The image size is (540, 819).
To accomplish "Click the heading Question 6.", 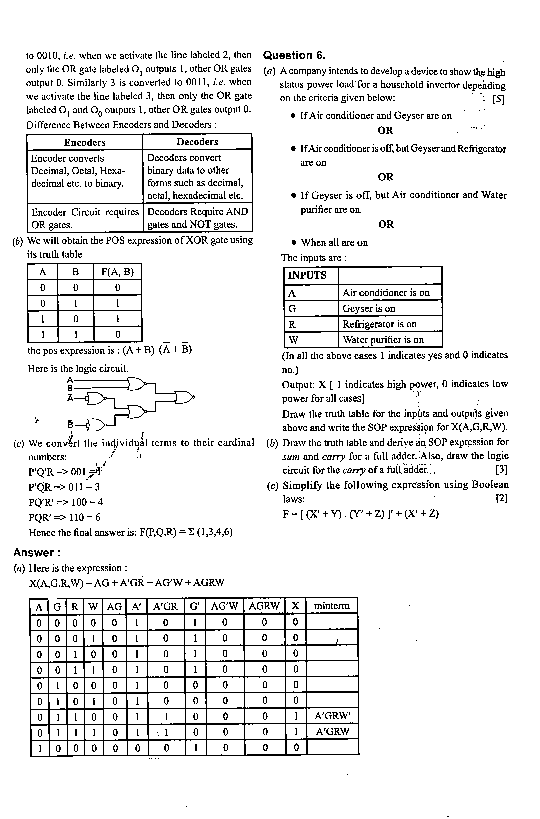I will click(x=294, y=56).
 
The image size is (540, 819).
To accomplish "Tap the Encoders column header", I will click(x=85, y=142).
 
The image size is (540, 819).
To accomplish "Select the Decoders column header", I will click(x=197, y=142).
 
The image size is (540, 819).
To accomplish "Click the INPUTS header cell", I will click(x=307, y=275).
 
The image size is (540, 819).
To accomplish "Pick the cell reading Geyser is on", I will click(x=369, y=308).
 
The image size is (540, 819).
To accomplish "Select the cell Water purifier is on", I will click(x=383, y=340).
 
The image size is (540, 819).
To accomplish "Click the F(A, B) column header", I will click(x=117, y=272).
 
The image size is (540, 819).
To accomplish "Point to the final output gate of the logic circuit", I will click(x=184, y=397).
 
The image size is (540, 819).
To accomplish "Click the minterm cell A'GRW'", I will click(x=332, y=716).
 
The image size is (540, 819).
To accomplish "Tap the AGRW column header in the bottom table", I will click(x=264, y=606).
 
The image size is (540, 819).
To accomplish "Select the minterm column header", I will click(x=331, y=606).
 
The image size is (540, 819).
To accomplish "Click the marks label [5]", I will click(x=498, y=99).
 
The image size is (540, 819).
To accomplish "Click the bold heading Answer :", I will click(x=37, y=553).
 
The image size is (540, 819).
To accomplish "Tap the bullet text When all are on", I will click(x=334, y=243).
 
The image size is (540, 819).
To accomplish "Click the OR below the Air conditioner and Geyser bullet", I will click(x=385, y=131).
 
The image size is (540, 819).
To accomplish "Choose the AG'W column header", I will click(x=224, y=606).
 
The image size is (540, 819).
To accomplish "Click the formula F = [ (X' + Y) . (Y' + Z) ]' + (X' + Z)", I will click(x=361, y=514).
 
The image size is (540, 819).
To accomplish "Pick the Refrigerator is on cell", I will click(x=380, y=324).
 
